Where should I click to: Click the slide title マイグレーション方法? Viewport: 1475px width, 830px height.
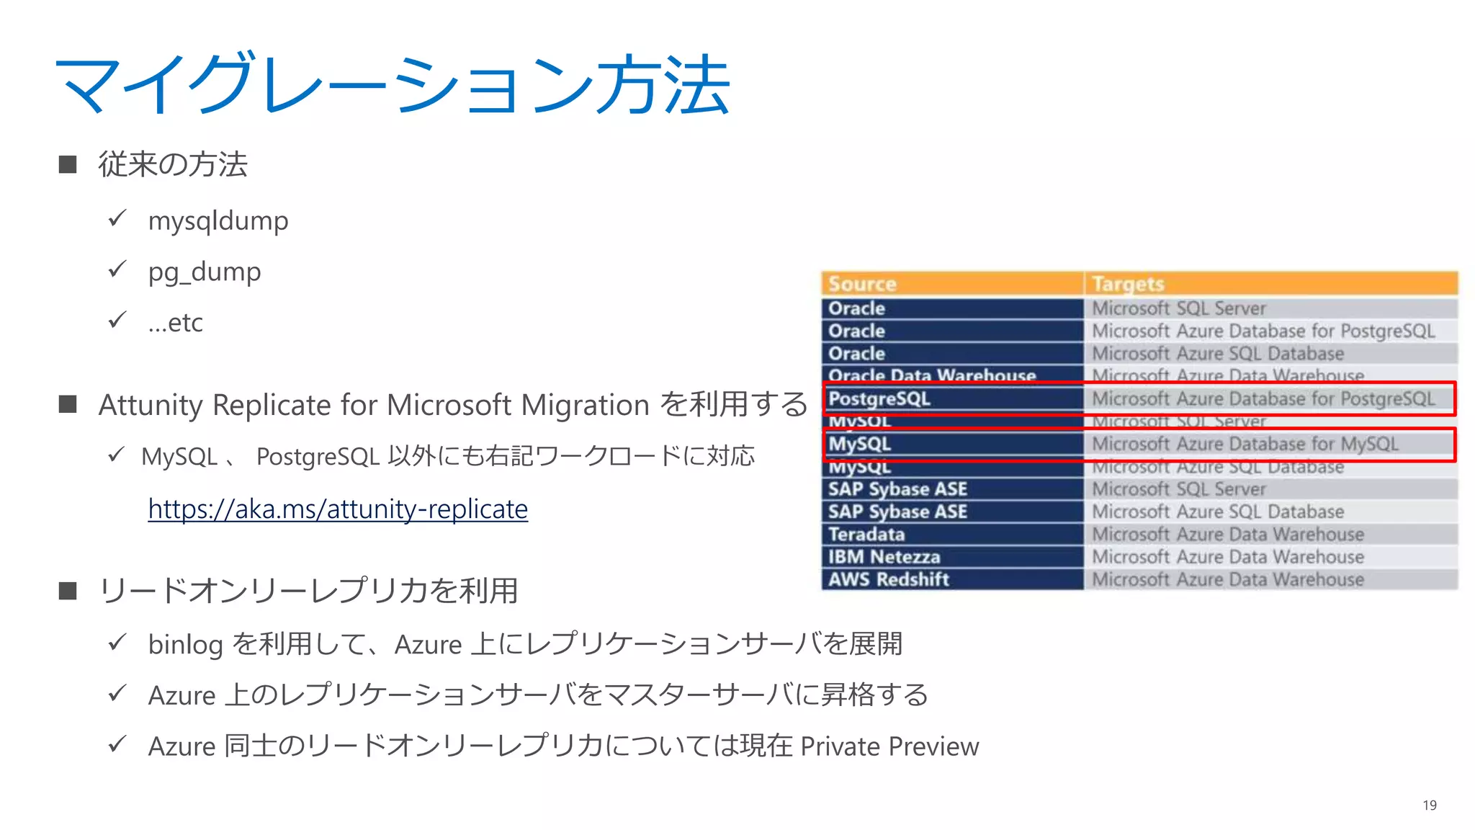tap(393, 85)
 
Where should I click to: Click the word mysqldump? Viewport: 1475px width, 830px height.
tap(218, 220)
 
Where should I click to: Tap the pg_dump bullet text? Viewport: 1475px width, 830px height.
tap(205, 272)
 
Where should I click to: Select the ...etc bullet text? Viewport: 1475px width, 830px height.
tap(175, 323)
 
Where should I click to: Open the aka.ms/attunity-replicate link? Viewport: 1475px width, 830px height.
tap(338, 509)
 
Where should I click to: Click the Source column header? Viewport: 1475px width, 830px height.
tap(862, 284)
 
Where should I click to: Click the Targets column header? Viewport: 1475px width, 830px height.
tap(1127, 284)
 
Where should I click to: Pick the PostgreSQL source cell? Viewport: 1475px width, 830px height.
tap(879, 398)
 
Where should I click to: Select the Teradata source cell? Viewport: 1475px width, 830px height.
tap(866, 535)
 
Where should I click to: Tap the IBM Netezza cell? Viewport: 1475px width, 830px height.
tap(884, 557)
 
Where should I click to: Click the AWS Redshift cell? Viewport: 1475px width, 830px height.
tap(888, 579)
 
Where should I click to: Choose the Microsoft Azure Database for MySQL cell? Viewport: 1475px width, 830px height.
tap(1245, 444)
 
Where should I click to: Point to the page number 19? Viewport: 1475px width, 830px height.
tap(1430, 806)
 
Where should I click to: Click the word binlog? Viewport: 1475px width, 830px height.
tap(185, 645)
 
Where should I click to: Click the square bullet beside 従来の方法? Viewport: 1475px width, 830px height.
tap(68, 164)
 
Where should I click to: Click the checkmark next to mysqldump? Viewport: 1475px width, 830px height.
tap(117, 218)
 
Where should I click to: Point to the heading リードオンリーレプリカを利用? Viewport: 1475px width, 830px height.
tap(308, 591)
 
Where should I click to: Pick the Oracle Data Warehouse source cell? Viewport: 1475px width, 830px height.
tap(932, 375)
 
